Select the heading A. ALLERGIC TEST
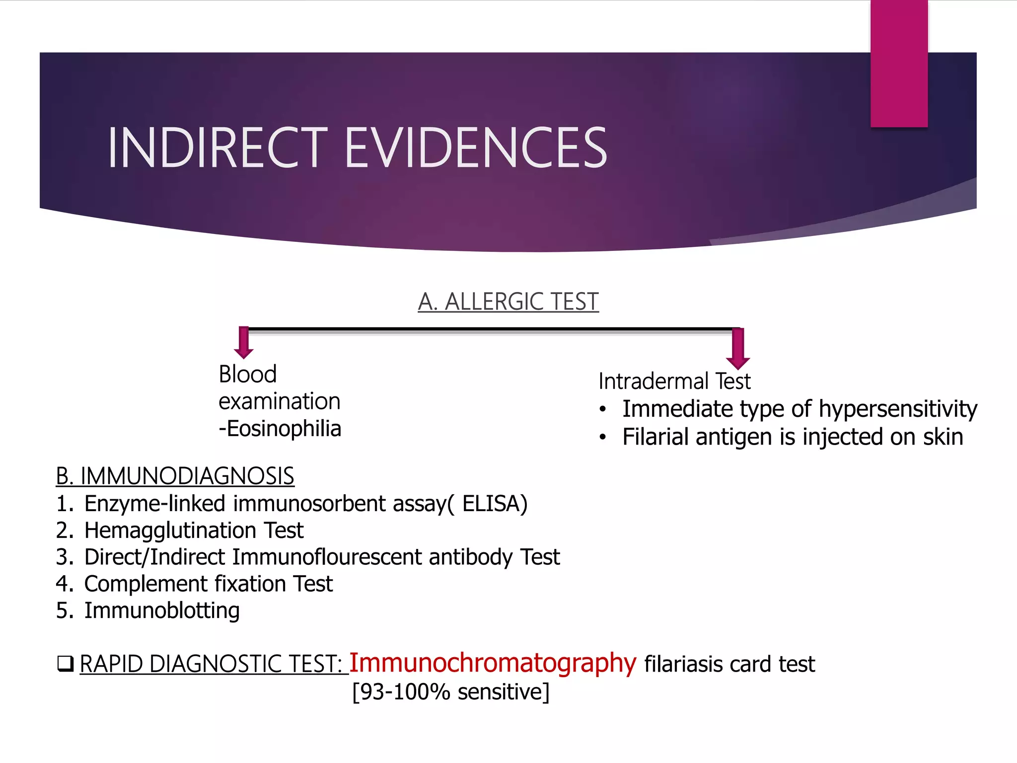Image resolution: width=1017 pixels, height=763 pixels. pyautogui.click(x=508, y=302)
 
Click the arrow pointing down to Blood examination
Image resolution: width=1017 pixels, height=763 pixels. pyautogui.click(x=243, y=343)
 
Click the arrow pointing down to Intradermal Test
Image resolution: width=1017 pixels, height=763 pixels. pyautogui.click(x=738, y=349)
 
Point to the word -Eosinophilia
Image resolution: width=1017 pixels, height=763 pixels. pyautogui.click(x=280, y=429)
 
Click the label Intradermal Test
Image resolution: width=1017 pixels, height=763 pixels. pyautogui.click(x=674, y=381)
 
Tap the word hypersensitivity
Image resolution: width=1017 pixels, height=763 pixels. pyautogui.click(x=898, y=409)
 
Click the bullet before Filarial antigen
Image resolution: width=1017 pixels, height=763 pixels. pyautogui.click(x=603, y=438)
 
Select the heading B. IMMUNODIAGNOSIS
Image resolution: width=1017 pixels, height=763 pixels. pyautogui.click(x=175, y=476)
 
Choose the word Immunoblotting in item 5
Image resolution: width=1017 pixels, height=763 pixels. pyautogui.click(x=162, y=610)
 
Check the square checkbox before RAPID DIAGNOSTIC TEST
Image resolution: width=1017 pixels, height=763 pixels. pyautogui.click(x=65, y=664)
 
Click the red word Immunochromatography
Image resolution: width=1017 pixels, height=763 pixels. pyautogui.click(x=492, y=663)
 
